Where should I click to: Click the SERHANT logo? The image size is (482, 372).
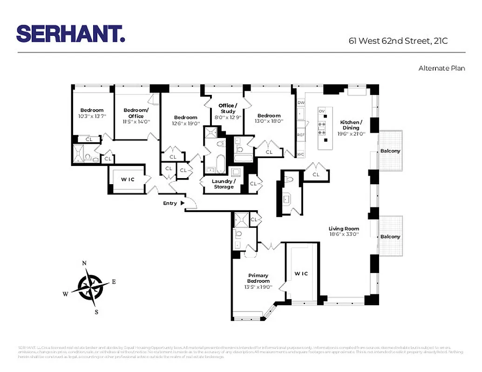(71, 34)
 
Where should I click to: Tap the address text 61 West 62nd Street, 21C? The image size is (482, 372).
(398, 41)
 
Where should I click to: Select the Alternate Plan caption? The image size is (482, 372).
(441, 68)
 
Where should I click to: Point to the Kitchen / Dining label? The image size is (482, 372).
(351, 125)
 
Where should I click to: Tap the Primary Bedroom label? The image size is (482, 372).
(258, 278)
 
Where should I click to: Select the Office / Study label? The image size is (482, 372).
(228, 108)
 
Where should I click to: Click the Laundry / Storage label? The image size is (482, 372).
(224, 184)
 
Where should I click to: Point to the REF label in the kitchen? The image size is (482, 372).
(300, 135)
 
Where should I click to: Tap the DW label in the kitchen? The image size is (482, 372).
(300, 102)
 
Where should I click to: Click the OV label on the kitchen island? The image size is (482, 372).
(321, 111)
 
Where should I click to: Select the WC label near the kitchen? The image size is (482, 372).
(300, 154)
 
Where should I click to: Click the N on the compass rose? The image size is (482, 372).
(84, 263)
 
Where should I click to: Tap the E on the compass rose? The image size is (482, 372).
(114, 281)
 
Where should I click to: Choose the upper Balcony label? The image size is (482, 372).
(390, 151)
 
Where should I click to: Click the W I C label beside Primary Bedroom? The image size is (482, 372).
(301, 273)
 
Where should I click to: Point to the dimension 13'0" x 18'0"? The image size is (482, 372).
(269, 121)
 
